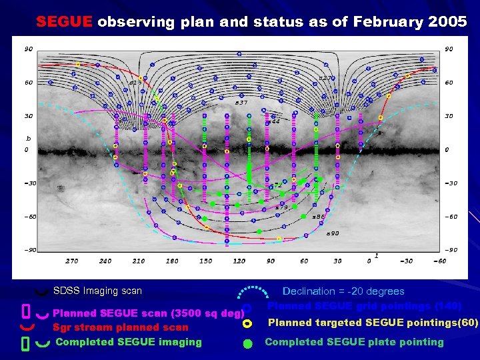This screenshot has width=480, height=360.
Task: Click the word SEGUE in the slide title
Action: point(64,21)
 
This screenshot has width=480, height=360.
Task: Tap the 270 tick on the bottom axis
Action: point(71,261)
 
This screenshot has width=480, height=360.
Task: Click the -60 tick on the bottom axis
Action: point(439,261)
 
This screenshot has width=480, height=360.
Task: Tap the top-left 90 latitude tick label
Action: point(29,49)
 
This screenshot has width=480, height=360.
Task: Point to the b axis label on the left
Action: point(28,138)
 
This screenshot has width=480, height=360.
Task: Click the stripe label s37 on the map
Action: point(241,103)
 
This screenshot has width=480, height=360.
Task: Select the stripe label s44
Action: point(273,122)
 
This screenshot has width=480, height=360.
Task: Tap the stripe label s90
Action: point(333,233)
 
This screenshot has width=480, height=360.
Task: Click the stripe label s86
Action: point(319,217)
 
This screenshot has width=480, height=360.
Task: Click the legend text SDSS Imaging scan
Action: point(97,291)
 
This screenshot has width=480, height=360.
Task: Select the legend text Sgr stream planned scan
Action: point(121,327)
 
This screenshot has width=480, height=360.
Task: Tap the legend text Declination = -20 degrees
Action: point(343,291)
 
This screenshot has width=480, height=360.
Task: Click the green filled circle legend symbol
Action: point(247,343)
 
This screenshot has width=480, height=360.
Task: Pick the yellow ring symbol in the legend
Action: point(247,323)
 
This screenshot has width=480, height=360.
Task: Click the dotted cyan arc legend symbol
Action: point(251,293)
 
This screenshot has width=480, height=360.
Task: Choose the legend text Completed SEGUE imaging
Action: point(129,342)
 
